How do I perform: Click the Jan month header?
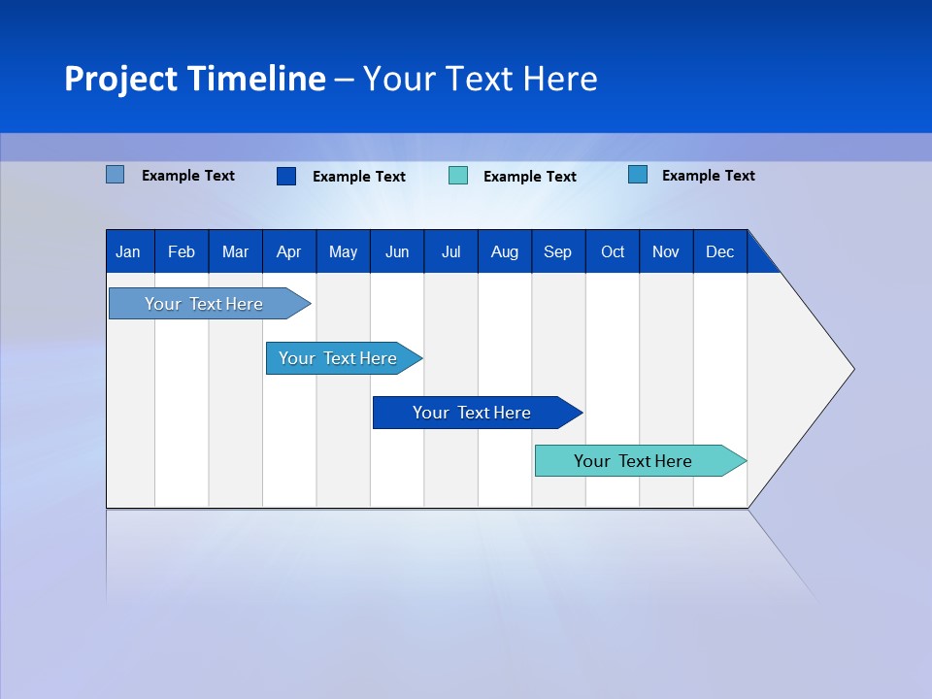128,252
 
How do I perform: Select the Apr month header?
289,252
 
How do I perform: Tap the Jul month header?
450,252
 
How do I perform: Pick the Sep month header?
557,252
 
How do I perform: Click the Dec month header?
719,252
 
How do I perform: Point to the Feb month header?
182,252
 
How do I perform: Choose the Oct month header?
613,252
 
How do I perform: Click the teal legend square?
458,176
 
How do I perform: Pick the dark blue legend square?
286,176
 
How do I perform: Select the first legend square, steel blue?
116,175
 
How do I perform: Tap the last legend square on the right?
638,175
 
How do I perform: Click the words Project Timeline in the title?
195,79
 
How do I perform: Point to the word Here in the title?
560,79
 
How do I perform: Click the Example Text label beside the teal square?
529,177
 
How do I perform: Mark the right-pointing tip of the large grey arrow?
852,369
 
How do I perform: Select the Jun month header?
397,252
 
